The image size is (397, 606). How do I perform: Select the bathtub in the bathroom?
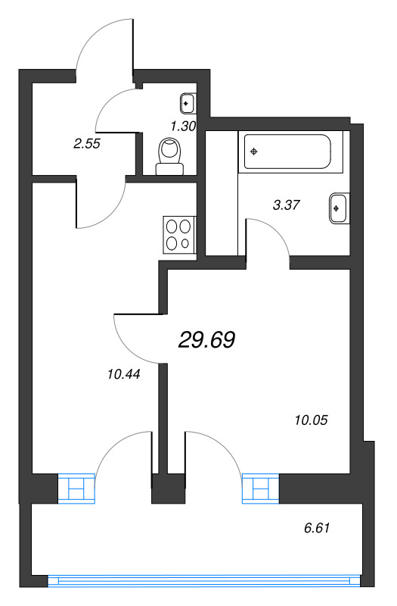(x=292, y=151)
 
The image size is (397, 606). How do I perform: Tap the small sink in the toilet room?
(x=188, y=102)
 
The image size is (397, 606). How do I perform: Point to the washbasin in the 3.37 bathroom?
(x=338, y=208)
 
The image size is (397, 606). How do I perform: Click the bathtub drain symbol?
(x=254, y=151)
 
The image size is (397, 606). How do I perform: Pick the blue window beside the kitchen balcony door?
(x=78, y=489)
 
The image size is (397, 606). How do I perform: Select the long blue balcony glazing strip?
(x=200, y=581)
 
